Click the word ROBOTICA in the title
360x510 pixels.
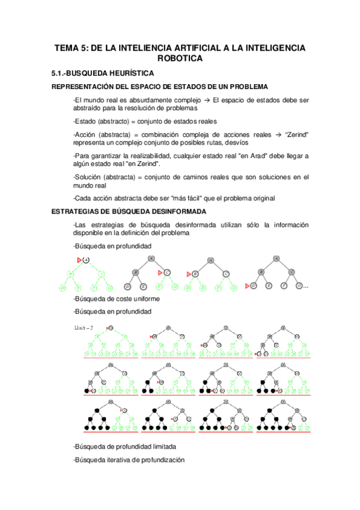180,58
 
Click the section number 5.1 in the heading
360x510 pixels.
59,73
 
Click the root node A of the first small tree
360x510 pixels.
87,260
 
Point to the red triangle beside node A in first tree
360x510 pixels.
79,260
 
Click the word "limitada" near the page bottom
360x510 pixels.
162,447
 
